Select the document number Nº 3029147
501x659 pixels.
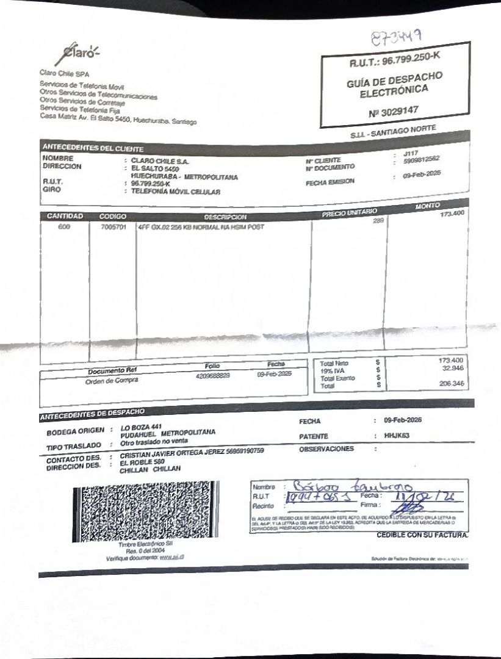tap(394, 111)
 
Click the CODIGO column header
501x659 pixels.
tap(112, 217)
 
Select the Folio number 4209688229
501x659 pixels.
tap(212, 376)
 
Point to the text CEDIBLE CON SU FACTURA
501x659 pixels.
tap(422, 535)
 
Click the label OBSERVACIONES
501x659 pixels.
tap(326, 449)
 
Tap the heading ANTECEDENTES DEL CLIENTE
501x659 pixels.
tap(92, 148)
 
